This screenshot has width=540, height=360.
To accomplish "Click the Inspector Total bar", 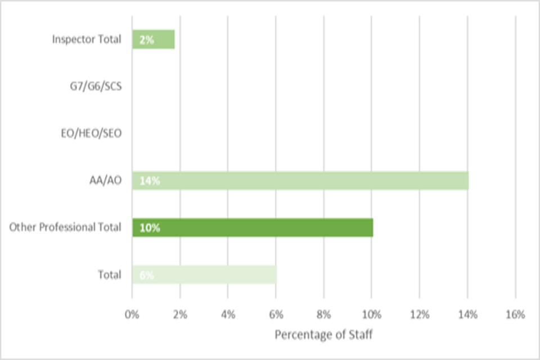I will pyautogui.click(x=154, y=40).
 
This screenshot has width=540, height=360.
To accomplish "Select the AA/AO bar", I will pyautogui.click(x=300, y=181).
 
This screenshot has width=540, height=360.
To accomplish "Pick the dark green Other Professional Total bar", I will pyautogui.click(x=253, y=228).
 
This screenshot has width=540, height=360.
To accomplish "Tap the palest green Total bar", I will pyautogui.click(x=204, y=275).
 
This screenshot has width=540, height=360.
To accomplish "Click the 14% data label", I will pyautogui.click(x=146, y=181).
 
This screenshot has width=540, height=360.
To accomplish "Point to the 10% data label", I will pyautogui.click(x=147, y=228).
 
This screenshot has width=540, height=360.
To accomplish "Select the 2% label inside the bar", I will pyautogui.click(x=146, y=40).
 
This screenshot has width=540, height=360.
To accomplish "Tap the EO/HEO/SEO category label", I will pyautogui.click(x=91, y=134).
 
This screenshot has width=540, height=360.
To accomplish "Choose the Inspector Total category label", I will pyautogui.click(x=87, y=39).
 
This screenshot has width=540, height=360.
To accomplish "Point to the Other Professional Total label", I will pyautogui.click(x=65, y=228).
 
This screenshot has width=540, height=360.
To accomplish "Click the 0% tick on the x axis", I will pyautogui.click(x=132, y=314).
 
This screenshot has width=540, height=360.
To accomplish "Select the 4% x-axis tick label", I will pyautogui.click(x=228, y=314).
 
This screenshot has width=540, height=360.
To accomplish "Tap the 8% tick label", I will pyautogui.click(x=323, y=314).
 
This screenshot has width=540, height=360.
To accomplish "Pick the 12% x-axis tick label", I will pyautogui.click(x=419, y=314).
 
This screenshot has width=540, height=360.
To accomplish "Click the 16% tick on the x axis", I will pyautogui.click(x=515, y=314).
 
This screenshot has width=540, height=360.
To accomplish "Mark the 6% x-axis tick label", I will pyautogui.click(x=276, y=314).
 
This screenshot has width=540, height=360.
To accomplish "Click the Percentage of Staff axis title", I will pyautogui.click(x=323, y=335).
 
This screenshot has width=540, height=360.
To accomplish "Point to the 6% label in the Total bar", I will pyautogui.click(x=146, y=276).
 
